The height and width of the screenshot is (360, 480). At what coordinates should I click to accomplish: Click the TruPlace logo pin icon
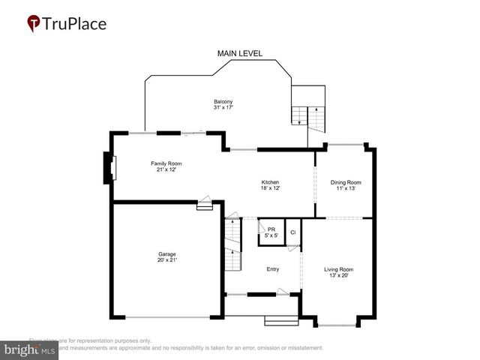pos(33,23)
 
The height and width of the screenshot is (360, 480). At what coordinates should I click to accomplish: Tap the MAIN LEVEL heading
pos(239,53)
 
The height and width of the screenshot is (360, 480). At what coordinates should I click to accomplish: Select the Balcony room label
pos(223,102)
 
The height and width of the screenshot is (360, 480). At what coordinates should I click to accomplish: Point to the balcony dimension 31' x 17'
pos(223,108)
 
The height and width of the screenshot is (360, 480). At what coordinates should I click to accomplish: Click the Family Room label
pos(166,163)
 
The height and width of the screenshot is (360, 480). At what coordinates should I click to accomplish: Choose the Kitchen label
pos(270,182)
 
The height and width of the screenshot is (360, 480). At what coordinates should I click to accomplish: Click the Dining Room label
pos(346,182)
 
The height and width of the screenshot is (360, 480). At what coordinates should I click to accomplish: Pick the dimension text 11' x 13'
pos(346,188)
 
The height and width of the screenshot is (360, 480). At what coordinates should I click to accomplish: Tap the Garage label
pos(166,254)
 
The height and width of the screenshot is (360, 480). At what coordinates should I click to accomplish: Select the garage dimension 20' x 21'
pos(166,260)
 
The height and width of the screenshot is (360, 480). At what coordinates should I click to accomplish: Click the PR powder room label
pos(271,229)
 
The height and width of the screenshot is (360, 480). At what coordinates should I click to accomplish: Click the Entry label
pos(273,269)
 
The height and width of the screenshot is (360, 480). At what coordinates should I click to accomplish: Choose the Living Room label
pos(338,269)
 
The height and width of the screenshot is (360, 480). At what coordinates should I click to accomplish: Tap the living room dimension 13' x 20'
pos(338,275)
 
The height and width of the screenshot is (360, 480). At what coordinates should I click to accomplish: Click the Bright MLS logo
pos(30,349)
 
